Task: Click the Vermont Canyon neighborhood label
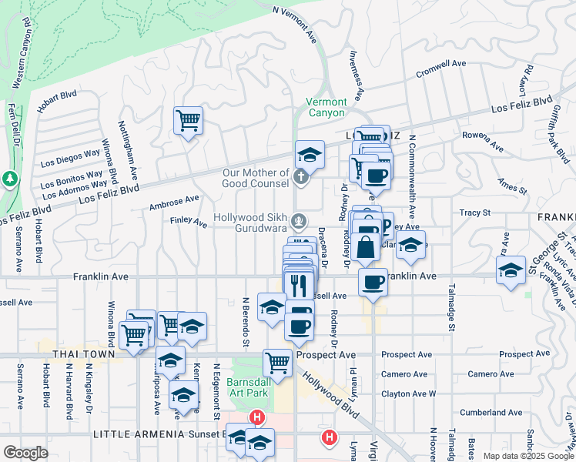coord(326,107)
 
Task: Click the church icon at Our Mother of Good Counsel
coord(300,179)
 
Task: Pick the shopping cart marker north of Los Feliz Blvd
coord(188,121)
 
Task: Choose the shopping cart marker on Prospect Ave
coord(277,362)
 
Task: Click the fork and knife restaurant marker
coord(300,284)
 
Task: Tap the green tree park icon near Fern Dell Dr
coord(9,179)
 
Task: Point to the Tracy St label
coord(474,213)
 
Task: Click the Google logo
coord(25,453)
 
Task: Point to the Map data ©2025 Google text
coord(528,456)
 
